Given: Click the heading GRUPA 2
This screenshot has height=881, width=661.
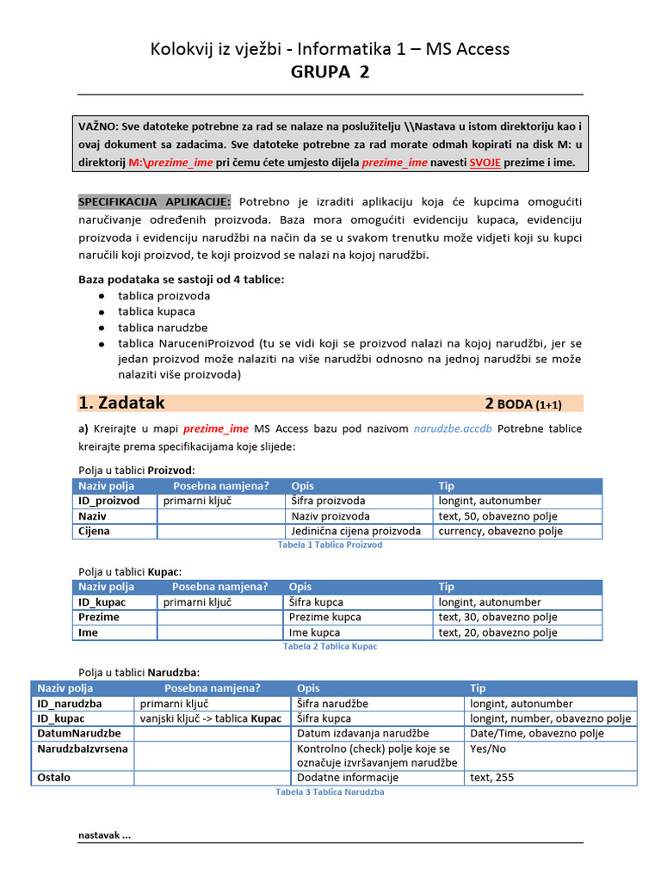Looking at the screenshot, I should tap(330, 72).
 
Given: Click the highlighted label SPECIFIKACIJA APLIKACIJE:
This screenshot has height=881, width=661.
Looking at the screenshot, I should tap(155, 201).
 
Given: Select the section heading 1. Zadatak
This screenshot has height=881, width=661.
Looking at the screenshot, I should tap(121, 403).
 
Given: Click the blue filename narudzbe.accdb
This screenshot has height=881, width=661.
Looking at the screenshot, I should tap(453, 428).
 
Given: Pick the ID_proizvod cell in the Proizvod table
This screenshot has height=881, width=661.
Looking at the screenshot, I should tap(109, 501).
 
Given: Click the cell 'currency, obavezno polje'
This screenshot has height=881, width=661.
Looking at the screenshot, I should tap(500, 531).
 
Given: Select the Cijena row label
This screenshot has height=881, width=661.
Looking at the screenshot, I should tap(95, 531).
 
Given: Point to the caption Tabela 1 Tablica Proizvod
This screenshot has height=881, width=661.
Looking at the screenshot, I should tap(330, 545).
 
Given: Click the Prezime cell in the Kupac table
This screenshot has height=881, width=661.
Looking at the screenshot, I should tap(99, 617).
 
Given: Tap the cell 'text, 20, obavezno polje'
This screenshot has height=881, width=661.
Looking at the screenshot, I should tap(497, 632).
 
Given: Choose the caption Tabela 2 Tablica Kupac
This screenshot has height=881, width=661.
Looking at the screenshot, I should tap(330, 646).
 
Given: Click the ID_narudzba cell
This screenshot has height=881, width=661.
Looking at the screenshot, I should tap(70, 703).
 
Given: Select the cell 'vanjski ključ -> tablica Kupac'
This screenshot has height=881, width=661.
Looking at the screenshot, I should tap(210, 718).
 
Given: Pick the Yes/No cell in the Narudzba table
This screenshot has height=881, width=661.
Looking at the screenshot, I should tap(487, 749).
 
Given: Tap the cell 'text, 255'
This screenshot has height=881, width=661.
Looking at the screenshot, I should tap(495, 777).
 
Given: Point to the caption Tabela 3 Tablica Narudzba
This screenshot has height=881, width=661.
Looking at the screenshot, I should tap(330, 792).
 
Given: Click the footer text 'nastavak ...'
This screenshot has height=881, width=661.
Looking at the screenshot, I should tap(104, 835).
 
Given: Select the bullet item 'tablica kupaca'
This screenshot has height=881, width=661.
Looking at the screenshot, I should tap(157, 311).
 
